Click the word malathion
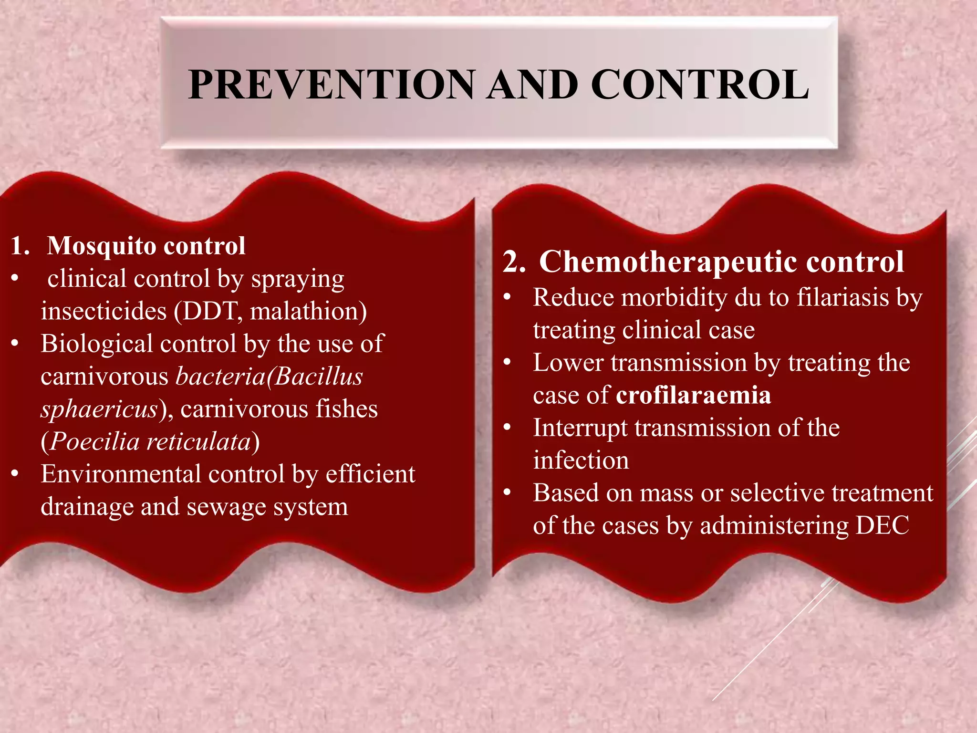pos(304,312)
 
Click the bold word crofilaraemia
pos(693,395)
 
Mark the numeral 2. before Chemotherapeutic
pos(514,262)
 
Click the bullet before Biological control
pos(15,344)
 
